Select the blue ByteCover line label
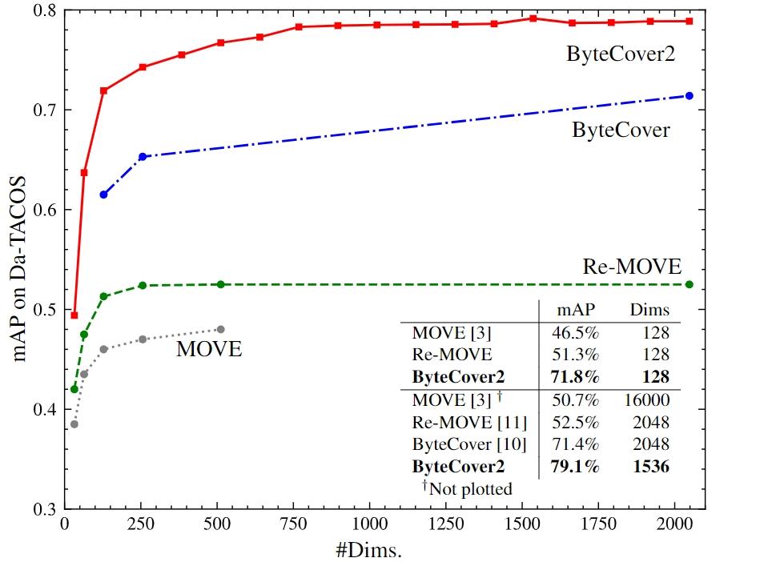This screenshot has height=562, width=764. click(621, 130)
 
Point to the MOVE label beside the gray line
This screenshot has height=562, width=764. click(209, 349)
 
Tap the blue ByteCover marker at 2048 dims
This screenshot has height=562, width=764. click(689, 96)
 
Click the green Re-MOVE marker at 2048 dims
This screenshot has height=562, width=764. click(689, 284)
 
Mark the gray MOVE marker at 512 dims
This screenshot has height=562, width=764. click(221, 329)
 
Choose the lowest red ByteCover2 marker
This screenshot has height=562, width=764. click(74, 315)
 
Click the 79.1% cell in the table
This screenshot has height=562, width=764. click(575, 467)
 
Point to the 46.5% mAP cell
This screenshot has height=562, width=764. click(575, 331)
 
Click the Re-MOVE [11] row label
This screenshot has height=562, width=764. click(459, 421)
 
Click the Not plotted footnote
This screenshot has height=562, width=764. click(467, 488)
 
